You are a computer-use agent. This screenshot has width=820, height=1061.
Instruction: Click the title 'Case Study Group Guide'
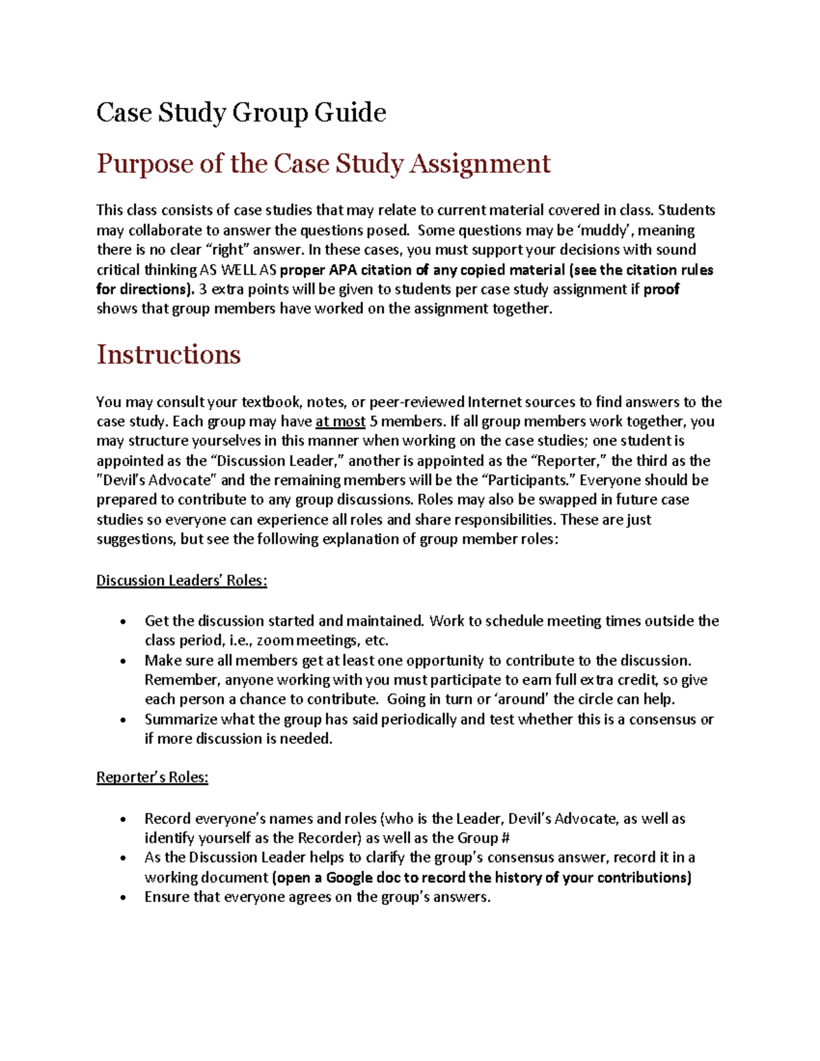(x=241, y=113)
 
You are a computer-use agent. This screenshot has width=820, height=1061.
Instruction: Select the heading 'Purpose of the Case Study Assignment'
(x=323, y=164)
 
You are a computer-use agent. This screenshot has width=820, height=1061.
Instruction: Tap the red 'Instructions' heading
(x=168, y=355)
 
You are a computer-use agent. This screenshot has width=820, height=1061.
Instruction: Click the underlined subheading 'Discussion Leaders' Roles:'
(x=181, y=581)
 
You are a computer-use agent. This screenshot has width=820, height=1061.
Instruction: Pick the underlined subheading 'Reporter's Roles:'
(x=152, y=777)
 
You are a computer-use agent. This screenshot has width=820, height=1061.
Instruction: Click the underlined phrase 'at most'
(x=340, y=422)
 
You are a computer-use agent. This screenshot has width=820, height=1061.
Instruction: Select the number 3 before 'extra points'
(x=202, y=289)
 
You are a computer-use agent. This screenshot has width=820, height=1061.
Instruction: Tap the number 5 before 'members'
(x=373, y=422)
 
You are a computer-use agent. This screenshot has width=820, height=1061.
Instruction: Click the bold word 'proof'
(x=661, y=289)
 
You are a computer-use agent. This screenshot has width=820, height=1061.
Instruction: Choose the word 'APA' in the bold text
(x=343, y=270)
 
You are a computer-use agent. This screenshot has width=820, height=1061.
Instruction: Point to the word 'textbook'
(x=273, y=402)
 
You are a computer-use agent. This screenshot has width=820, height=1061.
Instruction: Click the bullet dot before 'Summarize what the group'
(x=122, y=720)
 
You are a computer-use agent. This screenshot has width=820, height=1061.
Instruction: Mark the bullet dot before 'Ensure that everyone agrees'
(x=122, y=898)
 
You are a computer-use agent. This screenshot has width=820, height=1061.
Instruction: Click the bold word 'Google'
(x=348, y=878)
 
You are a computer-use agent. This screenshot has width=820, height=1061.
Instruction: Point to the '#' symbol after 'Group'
(x=506, y=838)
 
